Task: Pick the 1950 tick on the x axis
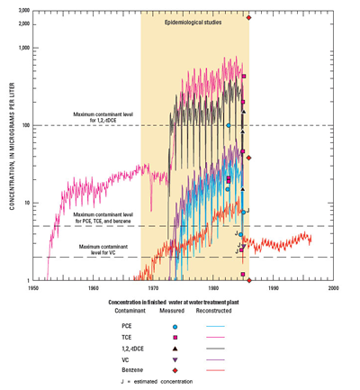(32, 289)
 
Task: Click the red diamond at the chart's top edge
(248, 16)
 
